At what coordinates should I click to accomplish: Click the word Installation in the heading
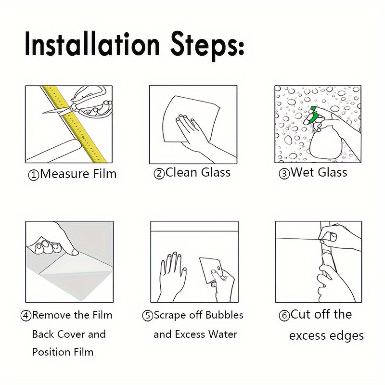pos(92,44)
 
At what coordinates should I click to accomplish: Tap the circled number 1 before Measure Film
pos(34,175)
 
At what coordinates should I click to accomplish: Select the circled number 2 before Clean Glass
pos(159,174)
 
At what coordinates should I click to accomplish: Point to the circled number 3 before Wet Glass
pos(284,174)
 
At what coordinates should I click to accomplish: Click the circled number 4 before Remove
pos(26,316)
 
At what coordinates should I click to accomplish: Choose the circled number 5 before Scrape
pos(148,316)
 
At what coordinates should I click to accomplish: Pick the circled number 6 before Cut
pos(284,316)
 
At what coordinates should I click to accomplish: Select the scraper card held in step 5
pos(211,270)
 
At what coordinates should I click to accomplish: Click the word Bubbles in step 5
pos(224,315)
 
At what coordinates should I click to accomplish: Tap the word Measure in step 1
pos(64,174)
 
